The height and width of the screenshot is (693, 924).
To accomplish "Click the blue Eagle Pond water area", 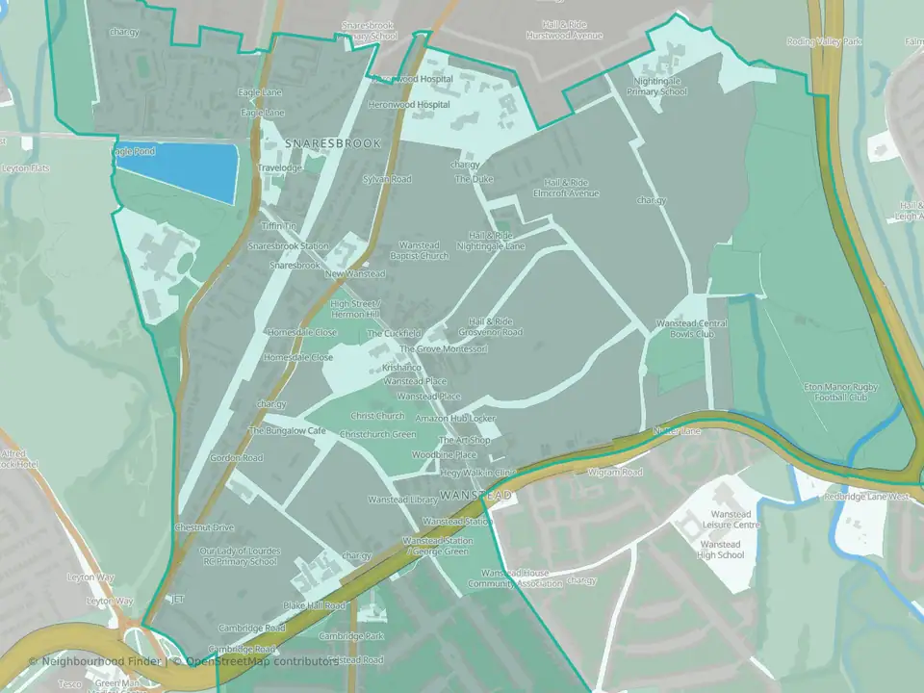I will tap(179, 171).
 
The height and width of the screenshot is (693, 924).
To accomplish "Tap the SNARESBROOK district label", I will tap(333, 142).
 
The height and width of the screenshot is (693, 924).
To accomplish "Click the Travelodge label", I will tap(280, 167).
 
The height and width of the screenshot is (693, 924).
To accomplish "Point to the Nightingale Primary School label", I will tap(657, 88).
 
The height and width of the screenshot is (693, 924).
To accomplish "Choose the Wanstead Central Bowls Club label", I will tap(690, 328).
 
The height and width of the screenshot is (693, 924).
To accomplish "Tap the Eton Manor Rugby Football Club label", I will tap(835, 392).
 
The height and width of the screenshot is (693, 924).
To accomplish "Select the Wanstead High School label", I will tap(720, 550).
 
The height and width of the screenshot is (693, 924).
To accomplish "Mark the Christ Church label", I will tap(377, 416).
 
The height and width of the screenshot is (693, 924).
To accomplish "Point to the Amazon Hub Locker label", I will tap(455, 420).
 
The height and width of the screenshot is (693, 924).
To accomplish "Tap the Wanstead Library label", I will tap(402, 500).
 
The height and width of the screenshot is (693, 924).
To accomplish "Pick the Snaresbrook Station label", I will tap(288, 246).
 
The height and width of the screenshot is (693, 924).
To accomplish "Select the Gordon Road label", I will tap(237, 458).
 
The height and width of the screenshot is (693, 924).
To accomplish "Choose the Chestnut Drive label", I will tap(204, 527).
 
